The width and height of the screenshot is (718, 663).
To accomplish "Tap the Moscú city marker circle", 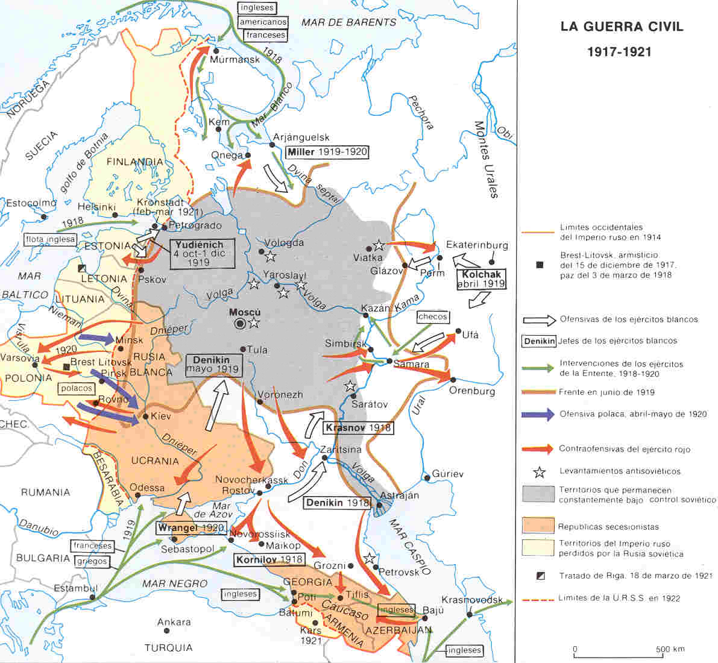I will click(x=241, y=324).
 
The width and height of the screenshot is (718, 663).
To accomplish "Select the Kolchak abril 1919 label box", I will click(x=481, y=278).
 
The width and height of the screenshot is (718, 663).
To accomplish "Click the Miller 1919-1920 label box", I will click(x=327, y=152).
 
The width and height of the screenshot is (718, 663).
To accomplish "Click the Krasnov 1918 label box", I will click(x=357, y=428).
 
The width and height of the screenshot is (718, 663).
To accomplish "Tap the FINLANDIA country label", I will click(x=134, y=162).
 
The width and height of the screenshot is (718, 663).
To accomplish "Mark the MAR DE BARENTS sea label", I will click(x=348, y=22).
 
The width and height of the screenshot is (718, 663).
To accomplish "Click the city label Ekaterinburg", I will click(x=477, y=245).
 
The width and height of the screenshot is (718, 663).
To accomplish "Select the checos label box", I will click(x=433, y=316).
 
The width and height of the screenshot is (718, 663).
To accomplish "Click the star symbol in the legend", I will click(x=539, y=471).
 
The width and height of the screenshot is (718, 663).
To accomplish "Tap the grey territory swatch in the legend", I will click(x=538, y=494).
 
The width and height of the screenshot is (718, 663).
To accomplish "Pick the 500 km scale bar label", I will click(x=670, y=649).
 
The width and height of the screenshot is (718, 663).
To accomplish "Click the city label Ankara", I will click(x=174, y=622).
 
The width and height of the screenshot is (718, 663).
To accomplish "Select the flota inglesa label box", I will click(x=51, y=239).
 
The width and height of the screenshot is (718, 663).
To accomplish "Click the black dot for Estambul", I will click(x=93, y=598).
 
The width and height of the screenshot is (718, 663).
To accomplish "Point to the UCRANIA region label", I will click(x=156, y=461).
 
